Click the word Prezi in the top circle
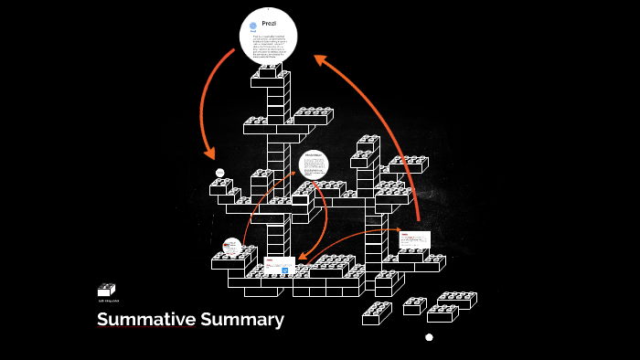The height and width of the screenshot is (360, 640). (x=268, y=23)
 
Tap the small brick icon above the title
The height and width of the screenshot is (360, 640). (x=106, y=290)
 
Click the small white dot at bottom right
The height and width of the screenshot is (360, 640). (x=429, y=337)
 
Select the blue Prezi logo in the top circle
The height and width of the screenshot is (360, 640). (x=252, y=26)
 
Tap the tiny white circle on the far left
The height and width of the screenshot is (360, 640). (x=220, y=173)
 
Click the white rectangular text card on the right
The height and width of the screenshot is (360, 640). (x=414, y=239)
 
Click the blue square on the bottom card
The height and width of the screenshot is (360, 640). (x=285, y=270)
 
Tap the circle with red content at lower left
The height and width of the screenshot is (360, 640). (x=232, y=247)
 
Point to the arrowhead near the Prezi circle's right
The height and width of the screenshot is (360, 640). (x=319, y=59)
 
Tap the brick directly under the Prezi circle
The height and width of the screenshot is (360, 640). (x=270, y=70)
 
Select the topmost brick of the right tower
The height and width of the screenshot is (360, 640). (x=368, y=143)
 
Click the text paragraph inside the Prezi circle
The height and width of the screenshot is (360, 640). (x=268, y=44)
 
